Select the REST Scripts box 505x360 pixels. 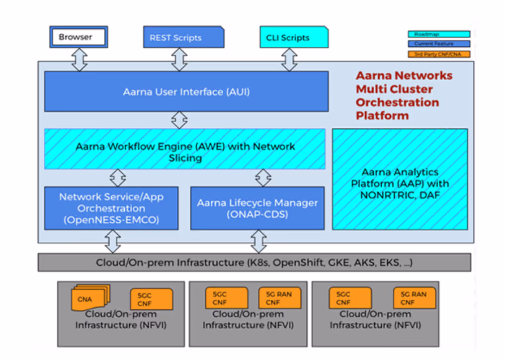click(183, 37)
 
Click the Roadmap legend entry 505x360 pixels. click(438, 34)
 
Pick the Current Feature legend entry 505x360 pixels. click(438, 44)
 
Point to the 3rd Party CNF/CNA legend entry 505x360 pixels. click(438, 54)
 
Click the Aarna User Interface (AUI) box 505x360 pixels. click(186, 91)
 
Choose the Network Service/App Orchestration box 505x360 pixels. click(111, 208)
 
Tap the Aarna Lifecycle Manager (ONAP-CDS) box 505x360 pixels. click(257, 208)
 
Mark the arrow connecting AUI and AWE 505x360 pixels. click(179, 120)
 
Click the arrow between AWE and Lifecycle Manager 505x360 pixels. click(263, 178)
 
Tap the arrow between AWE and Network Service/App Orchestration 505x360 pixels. click(118, 178)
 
